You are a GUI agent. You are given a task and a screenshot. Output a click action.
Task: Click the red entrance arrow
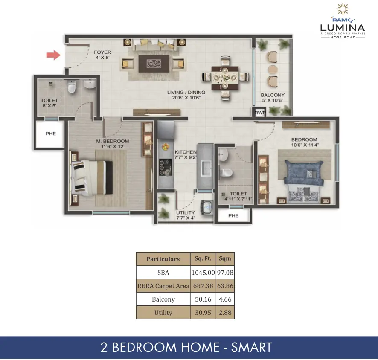point(53,55)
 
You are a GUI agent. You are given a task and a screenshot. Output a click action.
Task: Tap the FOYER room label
point(102,52)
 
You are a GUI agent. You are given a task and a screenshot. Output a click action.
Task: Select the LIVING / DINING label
point(186,92)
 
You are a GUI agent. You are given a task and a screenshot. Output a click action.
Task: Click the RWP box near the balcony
point(260,113)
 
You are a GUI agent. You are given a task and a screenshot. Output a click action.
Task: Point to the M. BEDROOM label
point(113,141)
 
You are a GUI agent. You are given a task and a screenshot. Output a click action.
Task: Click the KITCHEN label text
point(186,152)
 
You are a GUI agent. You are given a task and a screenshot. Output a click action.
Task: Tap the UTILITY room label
point(186,212)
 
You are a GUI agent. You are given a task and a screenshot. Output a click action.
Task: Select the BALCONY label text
point(273,95)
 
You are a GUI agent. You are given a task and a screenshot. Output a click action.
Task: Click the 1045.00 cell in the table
point(203,273)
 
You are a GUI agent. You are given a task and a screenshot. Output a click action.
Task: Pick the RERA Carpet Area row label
point(163,286)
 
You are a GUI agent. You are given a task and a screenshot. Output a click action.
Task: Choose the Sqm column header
point(225,259)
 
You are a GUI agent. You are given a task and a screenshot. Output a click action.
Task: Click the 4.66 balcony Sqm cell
point(225,299)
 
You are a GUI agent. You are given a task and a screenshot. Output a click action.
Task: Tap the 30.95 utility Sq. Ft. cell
point(203,313)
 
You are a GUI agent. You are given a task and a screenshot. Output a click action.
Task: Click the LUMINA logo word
point(343,28)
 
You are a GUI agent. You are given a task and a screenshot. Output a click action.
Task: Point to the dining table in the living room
point(225,78)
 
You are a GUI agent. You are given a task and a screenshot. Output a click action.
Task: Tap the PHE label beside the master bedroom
point(51,134)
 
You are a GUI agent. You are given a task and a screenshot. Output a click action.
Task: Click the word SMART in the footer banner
point(252,348)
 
